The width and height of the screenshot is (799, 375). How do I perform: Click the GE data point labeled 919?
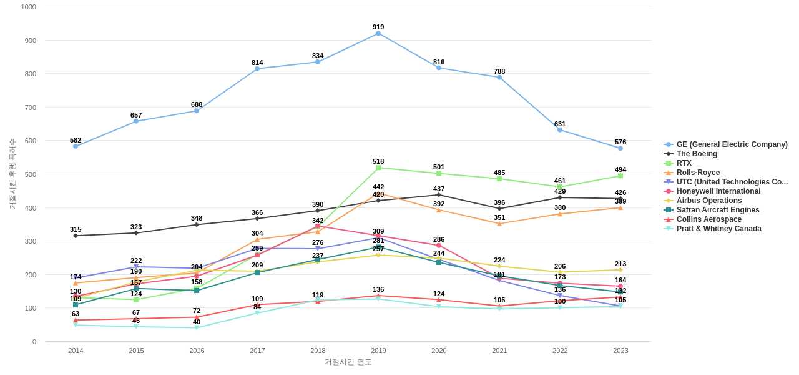point(378,34)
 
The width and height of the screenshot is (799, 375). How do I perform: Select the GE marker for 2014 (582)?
point(76,146)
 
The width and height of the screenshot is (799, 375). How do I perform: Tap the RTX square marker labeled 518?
point(378,167)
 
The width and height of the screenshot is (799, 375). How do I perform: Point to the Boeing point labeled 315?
point(76,236)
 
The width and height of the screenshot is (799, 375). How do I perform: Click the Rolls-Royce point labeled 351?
point(499,224)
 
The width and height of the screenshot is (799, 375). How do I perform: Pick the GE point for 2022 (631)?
point(560,130)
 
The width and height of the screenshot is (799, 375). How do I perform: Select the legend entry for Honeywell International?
point(718,191)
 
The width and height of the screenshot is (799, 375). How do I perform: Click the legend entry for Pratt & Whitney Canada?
point(718,229)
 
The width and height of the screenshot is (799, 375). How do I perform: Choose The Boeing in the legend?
point(697,154)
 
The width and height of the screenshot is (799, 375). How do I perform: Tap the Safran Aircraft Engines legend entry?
point(718,210)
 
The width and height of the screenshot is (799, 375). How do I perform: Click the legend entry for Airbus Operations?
point(709,201)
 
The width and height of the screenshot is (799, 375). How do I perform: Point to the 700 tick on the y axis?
point(29,107)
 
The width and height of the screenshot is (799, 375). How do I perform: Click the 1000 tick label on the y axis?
point(28,7)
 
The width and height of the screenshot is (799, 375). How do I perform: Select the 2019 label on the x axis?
point(378,351)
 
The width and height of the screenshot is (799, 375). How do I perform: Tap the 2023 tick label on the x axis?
point(620,351)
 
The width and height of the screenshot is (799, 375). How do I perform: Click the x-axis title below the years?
point(348,362)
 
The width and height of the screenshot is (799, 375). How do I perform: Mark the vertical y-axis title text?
point(12,174)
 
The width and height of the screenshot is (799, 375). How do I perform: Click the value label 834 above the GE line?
point(318,56)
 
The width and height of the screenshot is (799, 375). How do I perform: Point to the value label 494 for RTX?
point(620,169)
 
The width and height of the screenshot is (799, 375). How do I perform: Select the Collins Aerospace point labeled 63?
point(76,321)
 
